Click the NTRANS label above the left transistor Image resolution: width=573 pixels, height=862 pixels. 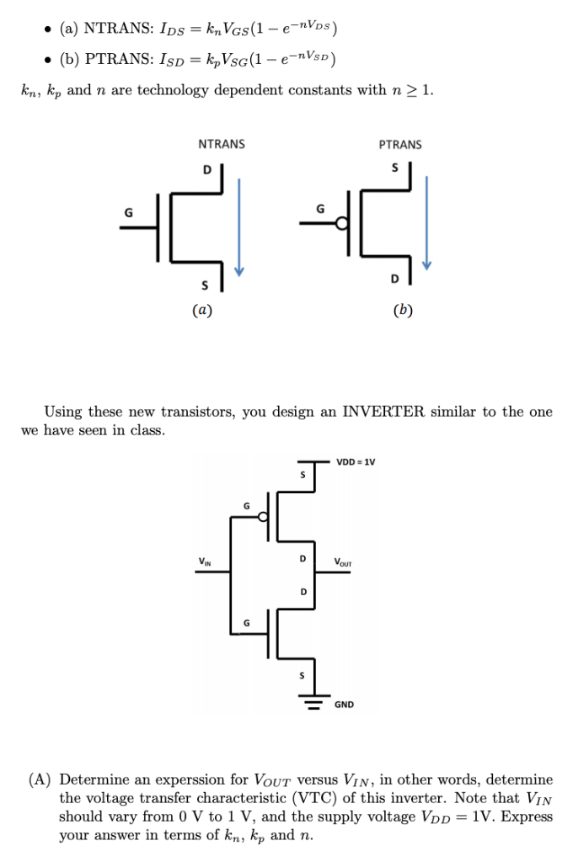tap(221, 144)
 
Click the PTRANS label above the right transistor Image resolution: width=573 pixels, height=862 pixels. tap(400, 144)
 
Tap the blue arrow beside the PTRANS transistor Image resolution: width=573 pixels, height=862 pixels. tap(428, 224)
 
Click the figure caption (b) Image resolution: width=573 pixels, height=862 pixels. tap(403, 310)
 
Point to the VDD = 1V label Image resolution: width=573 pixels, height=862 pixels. tap(356, 461)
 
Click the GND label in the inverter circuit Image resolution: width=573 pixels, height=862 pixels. tap(345, 704)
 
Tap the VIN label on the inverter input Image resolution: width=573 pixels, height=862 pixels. tap(205, 561)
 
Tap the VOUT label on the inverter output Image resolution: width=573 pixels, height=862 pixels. tap(344, 561)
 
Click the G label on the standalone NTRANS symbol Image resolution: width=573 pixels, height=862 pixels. tap(128, 212)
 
